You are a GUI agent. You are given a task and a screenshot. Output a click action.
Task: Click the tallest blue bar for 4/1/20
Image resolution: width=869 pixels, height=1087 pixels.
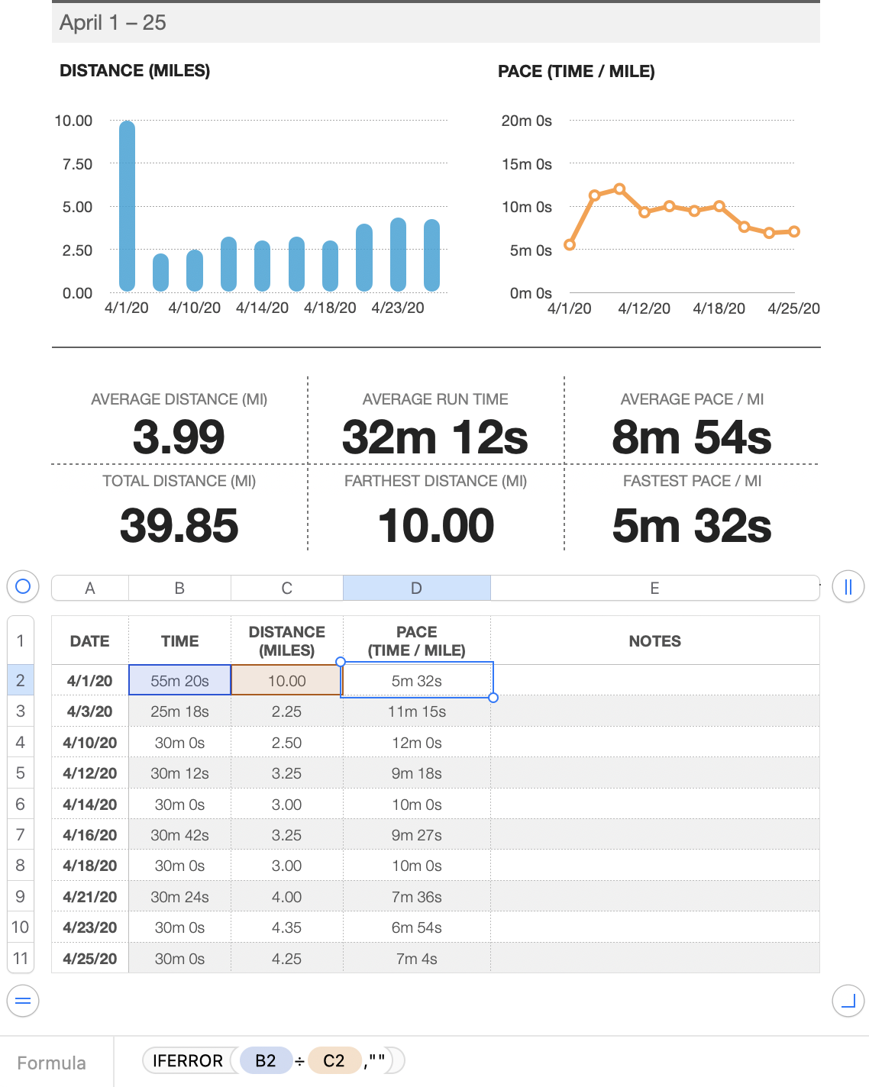click(x=128, y=206)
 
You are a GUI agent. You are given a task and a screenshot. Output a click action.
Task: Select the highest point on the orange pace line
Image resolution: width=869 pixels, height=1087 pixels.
click(x=619, y=189)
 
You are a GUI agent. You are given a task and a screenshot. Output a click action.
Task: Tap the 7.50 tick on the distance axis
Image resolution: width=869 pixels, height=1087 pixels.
click(x=77, y=164)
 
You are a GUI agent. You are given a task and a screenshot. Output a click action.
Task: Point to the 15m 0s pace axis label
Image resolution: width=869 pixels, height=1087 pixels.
click(x=526, y=164)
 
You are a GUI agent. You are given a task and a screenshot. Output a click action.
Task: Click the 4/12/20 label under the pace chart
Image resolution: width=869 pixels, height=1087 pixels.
click(x=644, y=308)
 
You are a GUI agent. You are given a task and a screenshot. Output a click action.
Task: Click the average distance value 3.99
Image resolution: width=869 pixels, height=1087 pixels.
click(x=179, y=437)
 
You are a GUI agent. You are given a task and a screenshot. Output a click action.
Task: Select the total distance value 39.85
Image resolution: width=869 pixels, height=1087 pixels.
click(x=179, y=526)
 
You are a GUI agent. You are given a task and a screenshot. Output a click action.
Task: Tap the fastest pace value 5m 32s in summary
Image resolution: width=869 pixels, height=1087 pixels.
click(x=691, y=526)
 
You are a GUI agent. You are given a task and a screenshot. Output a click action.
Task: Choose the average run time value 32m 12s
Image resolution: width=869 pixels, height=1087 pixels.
click(x=435, y=437)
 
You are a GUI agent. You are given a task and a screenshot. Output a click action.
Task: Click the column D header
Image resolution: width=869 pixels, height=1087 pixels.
click(x=416, y=588)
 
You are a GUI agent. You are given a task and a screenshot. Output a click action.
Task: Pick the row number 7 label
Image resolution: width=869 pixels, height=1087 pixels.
click(x=21, y=834)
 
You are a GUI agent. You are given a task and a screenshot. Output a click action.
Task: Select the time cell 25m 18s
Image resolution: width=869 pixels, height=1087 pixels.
click(x=179, y=711)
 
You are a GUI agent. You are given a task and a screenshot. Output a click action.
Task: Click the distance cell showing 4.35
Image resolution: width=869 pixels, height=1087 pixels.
click(x=286, y=927)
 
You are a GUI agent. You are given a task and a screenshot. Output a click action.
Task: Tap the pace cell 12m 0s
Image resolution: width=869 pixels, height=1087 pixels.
click(x=416, y=743)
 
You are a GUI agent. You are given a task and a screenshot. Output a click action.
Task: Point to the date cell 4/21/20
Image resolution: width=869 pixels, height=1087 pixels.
click(x=90, y=897)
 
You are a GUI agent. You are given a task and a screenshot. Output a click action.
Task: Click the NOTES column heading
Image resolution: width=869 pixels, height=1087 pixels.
click(x=654, y=641)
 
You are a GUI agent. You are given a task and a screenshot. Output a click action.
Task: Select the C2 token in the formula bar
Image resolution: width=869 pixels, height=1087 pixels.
click(x=334, y=1060)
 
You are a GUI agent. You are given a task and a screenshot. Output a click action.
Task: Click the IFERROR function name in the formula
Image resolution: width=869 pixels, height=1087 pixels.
click(x=188, y=1060)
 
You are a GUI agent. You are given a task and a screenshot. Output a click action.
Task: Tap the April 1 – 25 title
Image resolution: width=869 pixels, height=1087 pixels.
click(x=113, y=23)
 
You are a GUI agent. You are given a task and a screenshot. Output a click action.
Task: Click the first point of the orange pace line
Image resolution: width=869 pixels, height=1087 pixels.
click(x=570, y=245)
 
